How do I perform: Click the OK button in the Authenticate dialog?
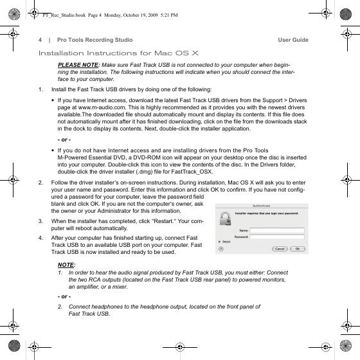pyautogui.click(x=298, y=249)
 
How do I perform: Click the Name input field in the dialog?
pyautogui.click(x=277, y=230)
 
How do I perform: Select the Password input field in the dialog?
pyautogui.click(x=277, y=237)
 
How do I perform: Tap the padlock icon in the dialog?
pyautogui.click(x=225, y=219)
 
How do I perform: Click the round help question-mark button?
pyautogui.click(x=221, y=249)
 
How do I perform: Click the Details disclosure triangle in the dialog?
pyautogui.click(x=220, y=242)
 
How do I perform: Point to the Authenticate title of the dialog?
pyautogui.click(x=261, y=206)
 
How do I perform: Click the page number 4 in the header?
pyautogui.click(x=40, y=40)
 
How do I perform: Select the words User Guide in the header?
pyautogui.click(x=293, y=40)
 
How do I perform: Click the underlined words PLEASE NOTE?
pyautogui.click(x=78, y=65)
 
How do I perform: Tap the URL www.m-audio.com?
pyautogui.click(x=102, y=107)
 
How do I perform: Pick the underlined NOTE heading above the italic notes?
pyautogui.click(x=66, y=265)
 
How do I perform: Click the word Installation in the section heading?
pyautogui.click(x=61, y=53)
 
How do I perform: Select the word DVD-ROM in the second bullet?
pyautogui.click(x=147, y=157)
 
